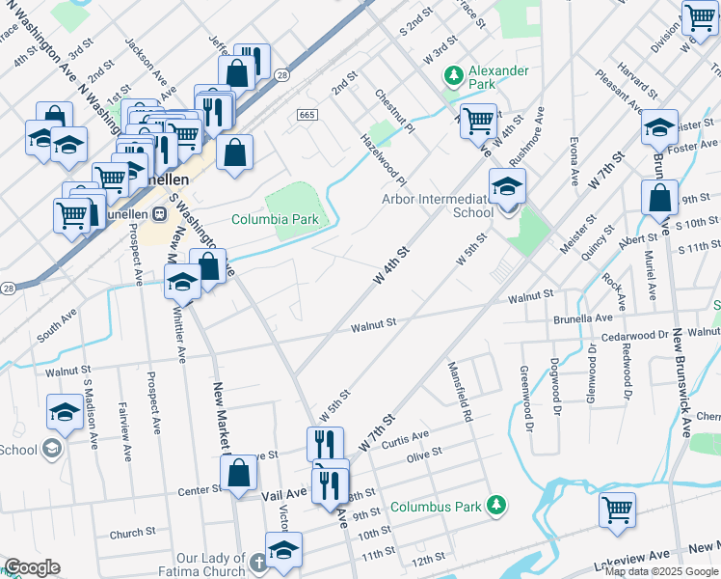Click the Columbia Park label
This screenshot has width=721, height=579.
[x=275, y=219]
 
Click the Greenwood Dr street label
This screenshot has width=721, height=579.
[x=527, y=398]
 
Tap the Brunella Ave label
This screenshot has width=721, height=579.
[x=583, y=317]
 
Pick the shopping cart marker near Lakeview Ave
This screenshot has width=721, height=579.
[x=617, y=510]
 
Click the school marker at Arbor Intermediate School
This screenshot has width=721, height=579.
[x=507, y=187]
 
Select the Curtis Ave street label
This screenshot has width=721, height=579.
[x=406, y=436]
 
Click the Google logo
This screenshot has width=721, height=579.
[x=33, y=567]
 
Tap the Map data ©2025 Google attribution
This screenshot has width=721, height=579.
[x=661, y=571]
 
